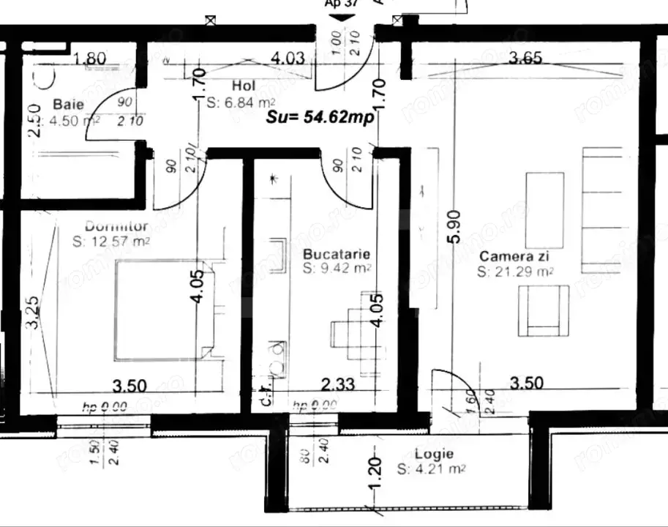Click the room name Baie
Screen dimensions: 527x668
tap(69, 105)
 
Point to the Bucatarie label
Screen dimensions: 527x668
tap(337, 254)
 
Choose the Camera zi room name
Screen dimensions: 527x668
tap(514, 257)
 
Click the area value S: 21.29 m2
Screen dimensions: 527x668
tap(514, 272)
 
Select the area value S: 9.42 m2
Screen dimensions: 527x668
tap(337, 268)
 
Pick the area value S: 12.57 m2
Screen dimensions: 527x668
tap(112, 240)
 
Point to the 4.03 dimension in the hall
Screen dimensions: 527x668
tap(287, 58)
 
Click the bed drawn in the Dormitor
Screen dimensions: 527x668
tap(164, 309)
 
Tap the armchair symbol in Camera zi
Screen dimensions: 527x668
tap(543, 308)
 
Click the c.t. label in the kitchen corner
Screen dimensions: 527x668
tap(266, 396)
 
